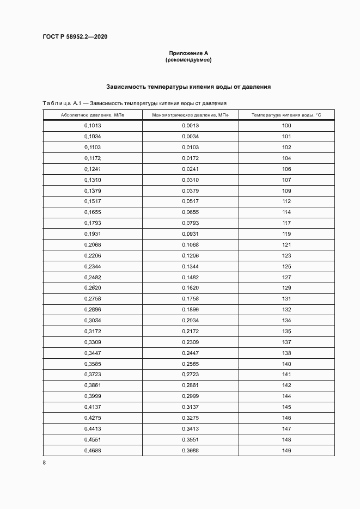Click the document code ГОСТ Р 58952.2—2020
pos(75,36)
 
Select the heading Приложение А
pos(188,53)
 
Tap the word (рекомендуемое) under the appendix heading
pos(188,60)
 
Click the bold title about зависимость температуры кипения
pos(188,87)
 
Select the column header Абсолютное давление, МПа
pos(93,115)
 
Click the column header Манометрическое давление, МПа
pos(190,115)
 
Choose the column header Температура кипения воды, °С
pos(286,115)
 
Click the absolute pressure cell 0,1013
pos(93,126)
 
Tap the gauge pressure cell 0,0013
pos(190,126)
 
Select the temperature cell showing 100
pos(286,126)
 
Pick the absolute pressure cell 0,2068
pos(93,244)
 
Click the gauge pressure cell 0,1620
pos(190,287)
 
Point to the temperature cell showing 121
pos(286,244)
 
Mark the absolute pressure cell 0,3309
pos(93,342)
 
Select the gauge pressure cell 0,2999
pos(190,396)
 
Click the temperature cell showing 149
pos(286,450)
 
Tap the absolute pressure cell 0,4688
pos(93,450)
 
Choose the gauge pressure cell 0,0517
pos(190,201)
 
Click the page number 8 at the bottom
pos(44,463)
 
